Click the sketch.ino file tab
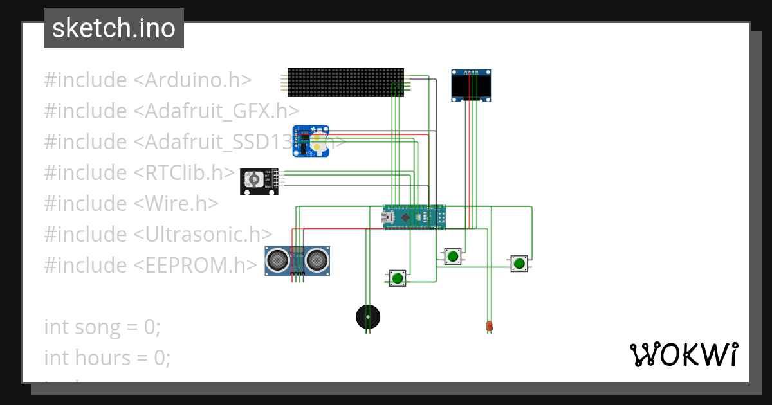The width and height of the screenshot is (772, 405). pos(114,28)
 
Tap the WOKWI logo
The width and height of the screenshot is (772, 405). pos(683,354)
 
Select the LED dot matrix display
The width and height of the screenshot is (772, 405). pos(345,82)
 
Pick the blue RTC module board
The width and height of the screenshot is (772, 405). pos(311,141)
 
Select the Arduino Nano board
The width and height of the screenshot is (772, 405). pos(414,217)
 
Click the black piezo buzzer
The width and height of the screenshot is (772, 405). pos(368,316)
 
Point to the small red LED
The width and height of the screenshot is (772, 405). pos(490,327)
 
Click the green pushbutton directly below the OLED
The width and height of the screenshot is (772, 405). pos(453,256)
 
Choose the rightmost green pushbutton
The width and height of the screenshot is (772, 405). pos(519,263)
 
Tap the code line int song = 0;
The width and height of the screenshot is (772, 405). pos(102,327)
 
